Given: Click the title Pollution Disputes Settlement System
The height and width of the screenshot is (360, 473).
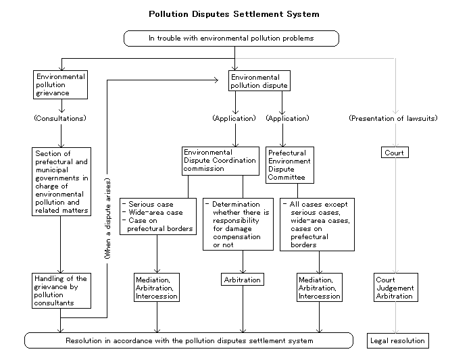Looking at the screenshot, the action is point(234,14).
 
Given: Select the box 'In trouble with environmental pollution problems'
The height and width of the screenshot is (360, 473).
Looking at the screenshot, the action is point(231,38).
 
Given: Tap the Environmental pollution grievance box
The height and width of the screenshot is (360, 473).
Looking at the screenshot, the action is point(60,84).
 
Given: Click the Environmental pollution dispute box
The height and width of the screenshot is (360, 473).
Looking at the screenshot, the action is point(259,81).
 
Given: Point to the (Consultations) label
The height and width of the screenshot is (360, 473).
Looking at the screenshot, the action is point(60,118).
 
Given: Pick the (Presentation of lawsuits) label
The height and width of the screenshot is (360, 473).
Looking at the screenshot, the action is point(393,118).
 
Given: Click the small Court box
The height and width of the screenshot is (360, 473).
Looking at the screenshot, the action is point(395,153).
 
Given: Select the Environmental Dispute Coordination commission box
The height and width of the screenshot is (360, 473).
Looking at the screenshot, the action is point(220,161).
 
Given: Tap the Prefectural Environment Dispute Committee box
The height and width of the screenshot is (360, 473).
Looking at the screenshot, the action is point(290,165).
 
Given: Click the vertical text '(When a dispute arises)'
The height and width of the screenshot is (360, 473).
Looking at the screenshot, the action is point(107,219).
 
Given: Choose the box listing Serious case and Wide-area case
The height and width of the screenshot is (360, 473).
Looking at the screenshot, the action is point(158,216).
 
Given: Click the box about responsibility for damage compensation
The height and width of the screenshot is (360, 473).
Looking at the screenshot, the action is point(238,224).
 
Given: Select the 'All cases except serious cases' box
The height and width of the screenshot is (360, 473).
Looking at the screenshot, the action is point(317,225).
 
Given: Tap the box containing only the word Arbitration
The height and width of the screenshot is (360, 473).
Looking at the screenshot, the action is point(242,280).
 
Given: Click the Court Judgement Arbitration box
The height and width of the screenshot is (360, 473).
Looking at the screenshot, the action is point(396,287).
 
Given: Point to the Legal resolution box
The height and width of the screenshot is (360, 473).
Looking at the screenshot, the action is point(398,340).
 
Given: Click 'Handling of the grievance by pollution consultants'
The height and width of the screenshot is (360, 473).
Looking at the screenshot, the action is point(61,290).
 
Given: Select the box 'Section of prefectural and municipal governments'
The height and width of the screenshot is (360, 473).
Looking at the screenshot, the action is point(61,182).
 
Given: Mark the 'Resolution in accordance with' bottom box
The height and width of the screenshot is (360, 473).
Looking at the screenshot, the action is point(189,340).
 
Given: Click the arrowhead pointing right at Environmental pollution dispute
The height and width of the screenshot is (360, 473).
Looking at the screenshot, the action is point(216,80).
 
